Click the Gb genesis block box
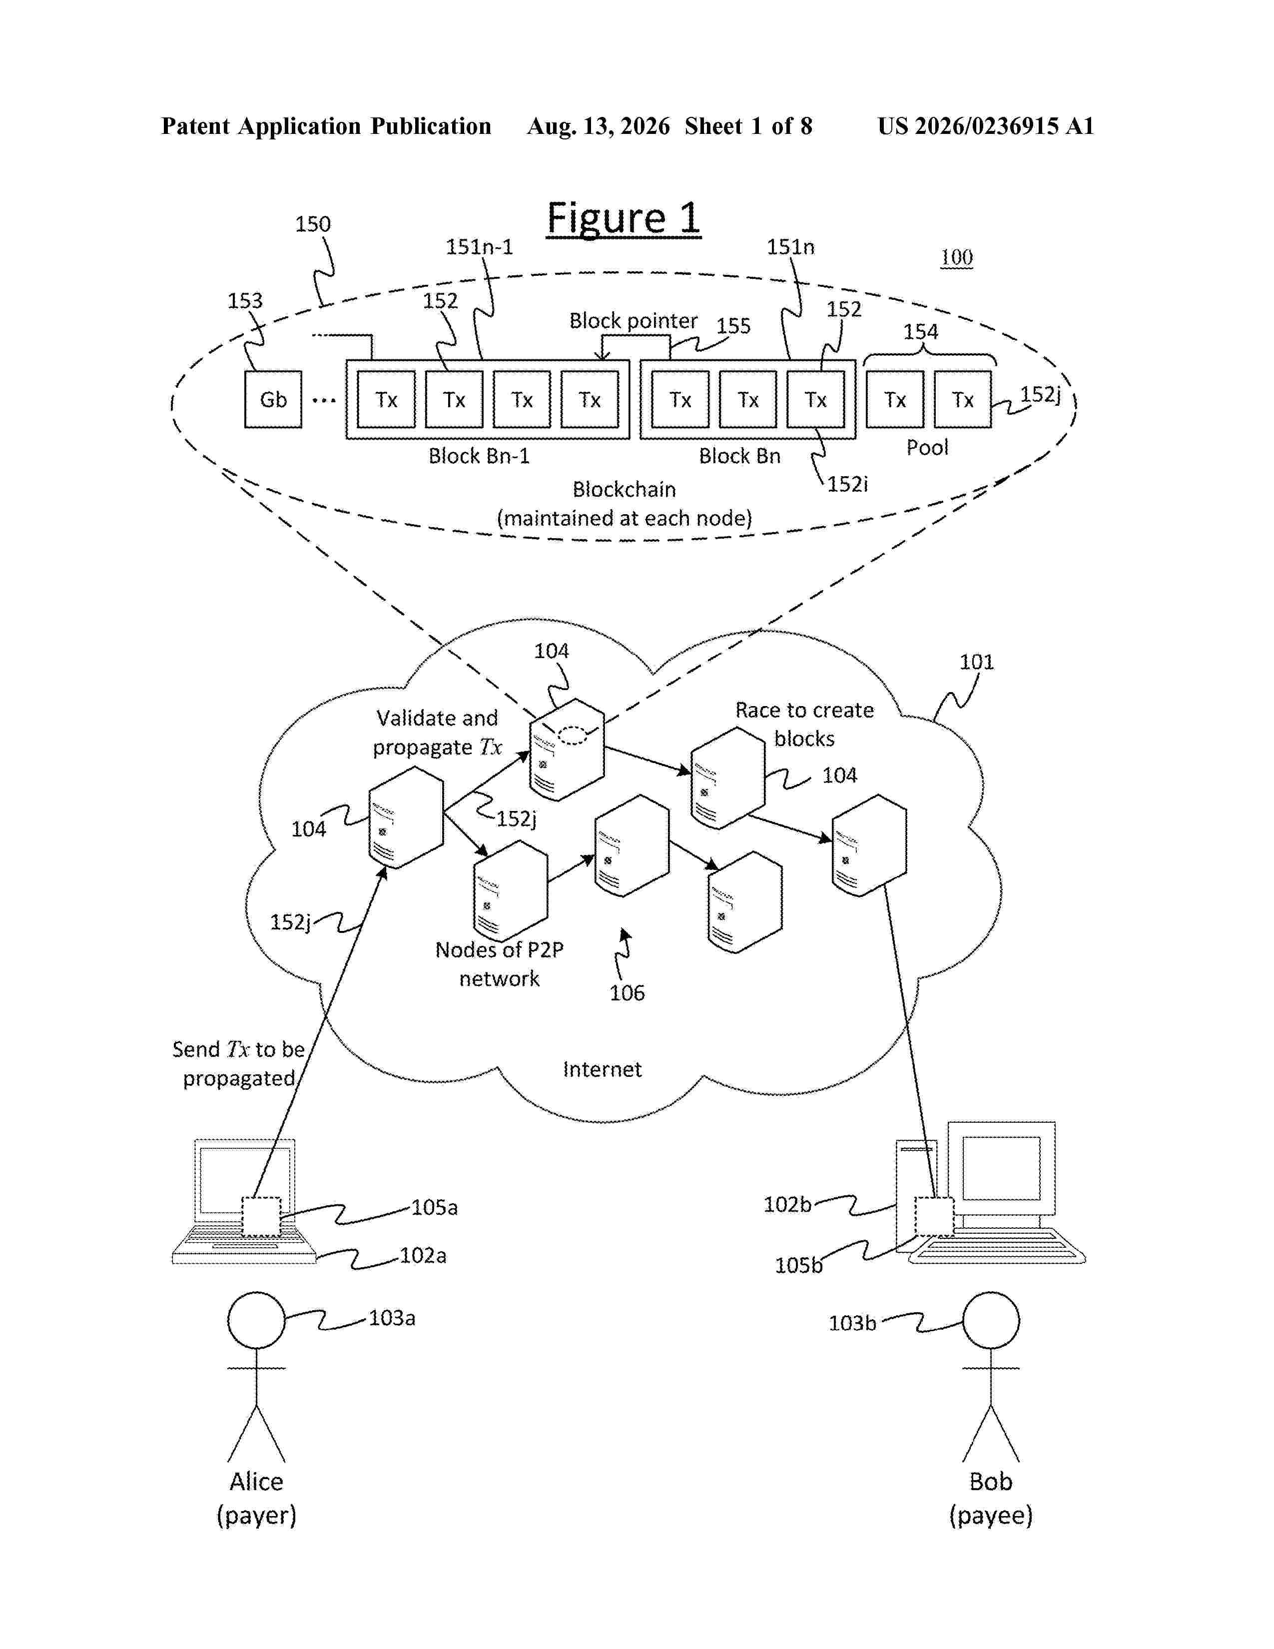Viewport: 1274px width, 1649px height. [273, 399]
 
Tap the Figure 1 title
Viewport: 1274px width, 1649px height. [624, 219]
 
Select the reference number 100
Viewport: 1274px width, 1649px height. [956, 257]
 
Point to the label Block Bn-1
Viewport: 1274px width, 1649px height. [479, 456]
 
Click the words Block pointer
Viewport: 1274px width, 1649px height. [633, 321]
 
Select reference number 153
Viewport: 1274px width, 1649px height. [245, 300]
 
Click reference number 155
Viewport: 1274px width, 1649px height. [733, 326]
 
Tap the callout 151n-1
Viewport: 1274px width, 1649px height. [479, 247]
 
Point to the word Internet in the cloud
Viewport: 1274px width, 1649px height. [603, 1069]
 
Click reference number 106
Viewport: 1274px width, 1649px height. [627, 993]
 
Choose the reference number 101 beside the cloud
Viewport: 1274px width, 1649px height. [977, 662]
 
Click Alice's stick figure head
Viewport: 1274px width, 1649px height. [257, 1320]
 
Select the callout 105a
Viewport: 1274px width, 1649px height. [435, 1207]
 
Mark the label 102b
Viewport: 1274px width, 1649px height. [787, 1204]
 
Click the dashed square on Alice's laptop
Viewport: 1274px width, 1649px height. [261, 1216]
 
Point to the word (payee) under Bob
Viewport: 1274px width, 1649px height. [991, 1516]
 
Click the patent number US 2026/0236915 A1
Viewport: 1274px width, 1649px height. [986, 126]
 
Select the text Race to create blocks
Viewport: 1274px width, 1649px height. [804, 724]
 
